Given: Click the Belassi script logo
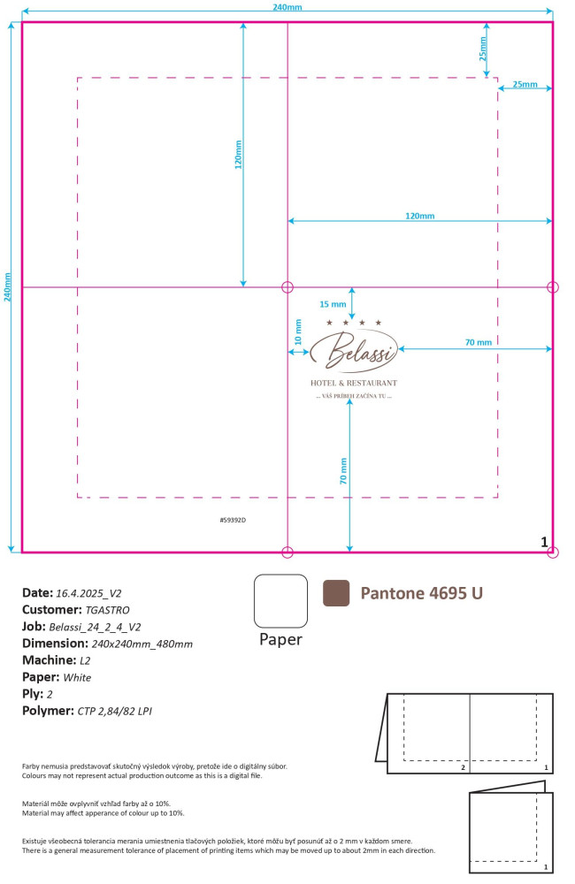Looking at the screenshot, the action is click(x=354, y=351).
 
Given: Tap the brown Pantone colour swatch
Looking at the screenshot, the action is click(x=336, y=593).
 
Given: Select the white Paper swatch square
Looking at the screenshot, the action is click(x=280, y=601).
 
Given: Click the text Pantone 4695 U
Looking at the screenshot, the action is click(x=421, y=593).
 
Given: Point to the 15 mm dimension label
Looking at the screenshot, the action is click(x=333, y=304).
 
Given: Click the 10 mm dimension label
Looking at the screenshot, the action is click(x=298, y=332).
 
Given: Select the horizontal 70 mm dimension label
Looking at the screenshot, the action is click(x=478, y=342).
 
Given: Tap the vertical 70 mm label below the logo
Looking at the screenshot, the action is click(x=343, y=471).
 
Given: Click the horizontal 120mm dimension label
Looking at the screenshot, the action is click(x=420, y=216).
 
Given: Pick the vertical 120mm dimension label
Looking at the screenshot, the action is click(x=238, y=155).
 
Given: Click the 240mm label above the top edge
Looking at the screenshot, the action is click(x=287, y=7).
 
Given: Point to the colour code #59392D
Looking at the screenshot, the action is click(x=233, y=520).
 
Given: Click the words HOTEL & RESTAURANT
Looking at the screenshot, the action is click(x=354, y=383).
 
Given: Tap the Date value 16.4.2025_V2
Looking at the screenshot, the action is click(x=88, y=593).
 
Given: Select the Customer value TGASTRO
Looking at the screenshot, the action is click(x=107, y=610).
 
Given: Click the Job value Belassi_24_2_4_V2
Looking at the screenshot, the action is click(x=95, y=627).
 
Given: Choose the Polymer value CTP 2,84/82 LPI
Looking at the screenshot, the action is click(x=114, y=711).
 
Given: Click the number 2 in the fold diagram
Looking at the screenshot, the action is click(x=464, y=767).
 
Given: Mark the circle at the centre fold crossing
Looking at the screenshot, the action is click(x=287, y=287).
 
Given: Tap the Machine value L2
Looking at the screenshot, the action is click(x=85, y=660).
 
